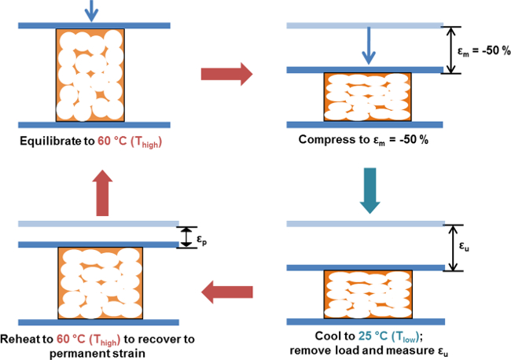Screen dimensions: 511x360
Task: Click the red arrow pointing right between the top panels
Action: [227, 75]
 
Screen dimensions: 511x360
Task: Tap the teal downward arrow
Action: [369, 190]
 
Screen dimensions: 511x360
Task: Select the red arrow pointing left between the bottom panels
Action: [227, 292]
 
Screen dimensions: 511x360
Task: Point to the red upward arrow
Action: [102, 193]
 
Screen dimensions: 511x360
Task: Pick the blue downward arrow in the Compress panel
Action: [369, 46]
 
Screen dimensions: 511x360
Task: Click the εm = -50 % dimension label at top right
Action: [483, 51]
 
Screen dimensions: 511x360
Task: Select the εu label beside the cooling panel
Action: [464, 246]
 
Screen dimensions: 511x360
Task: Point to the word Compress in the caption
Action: [333, 139]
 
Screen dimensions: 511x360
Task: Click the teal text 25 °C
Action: [373, 336]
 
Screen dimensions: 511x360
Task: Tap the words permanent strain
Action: [97, 353]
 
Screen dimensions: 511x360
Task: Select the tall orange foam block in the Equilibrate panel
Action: [90, 75]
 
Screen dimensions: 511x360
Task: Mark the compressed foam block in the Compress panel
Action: [368, 97]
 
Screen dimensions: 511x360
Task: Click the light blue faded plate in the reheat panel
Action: [98, 224]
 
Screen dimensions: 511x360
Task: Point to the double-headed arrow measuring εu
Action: [453, 248]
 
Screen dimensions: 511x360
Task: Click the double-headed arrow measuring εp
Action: [186, 237]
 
